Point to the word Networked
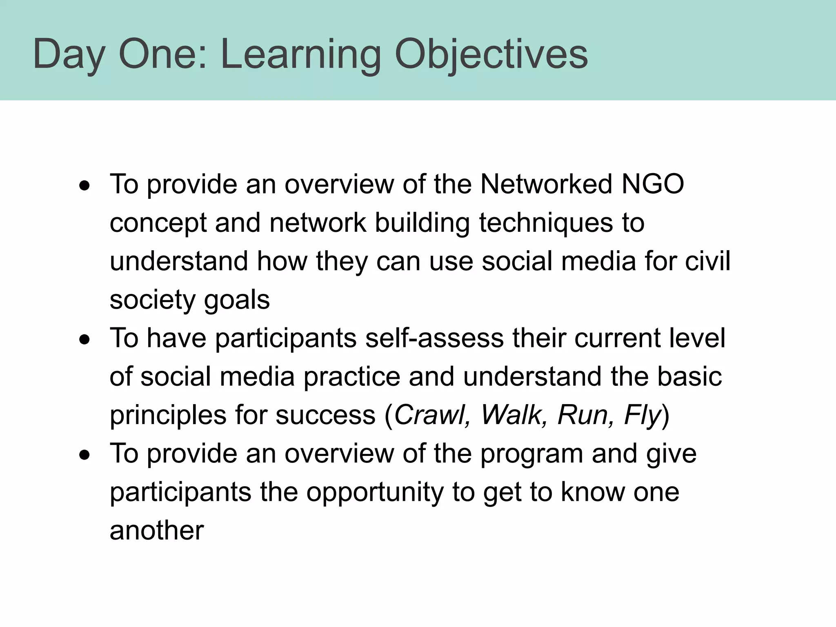(x=546, y=184)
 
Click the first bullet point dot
(x=84, y=187)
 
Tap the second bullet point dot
(x=84, y=340)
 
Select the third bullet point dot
(x=84, y=455)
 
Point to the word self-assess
(x=434, y=338)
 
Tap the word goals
(x=237, y=300)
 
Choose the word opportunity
(x=374, y=492)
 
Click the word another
(x=156, y=531)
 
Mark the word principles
(x=168, y=416)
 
